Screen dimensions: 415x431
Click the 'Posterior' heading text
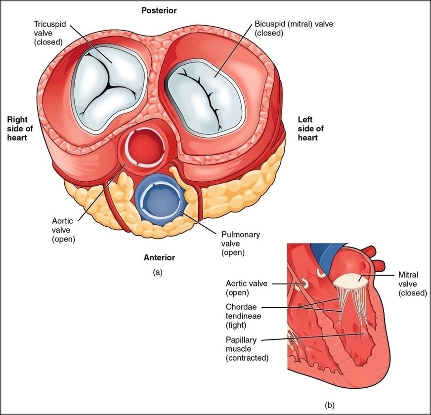point(159,10)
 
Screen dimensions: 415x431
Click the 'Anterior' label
point(159,257)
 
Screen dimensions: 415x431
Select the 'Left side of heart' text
point(310,128)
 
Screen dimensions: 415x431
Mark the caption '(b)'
point(330,406)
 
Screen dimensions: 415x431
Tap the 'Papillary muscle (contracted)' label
point(247,348)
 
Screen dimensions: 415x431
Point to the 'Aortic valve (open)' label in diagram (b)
point(246,288)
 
